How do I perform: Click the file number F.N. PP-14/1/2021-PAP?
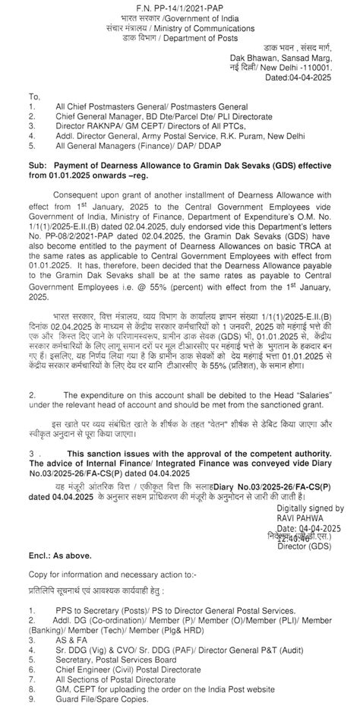180,7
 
